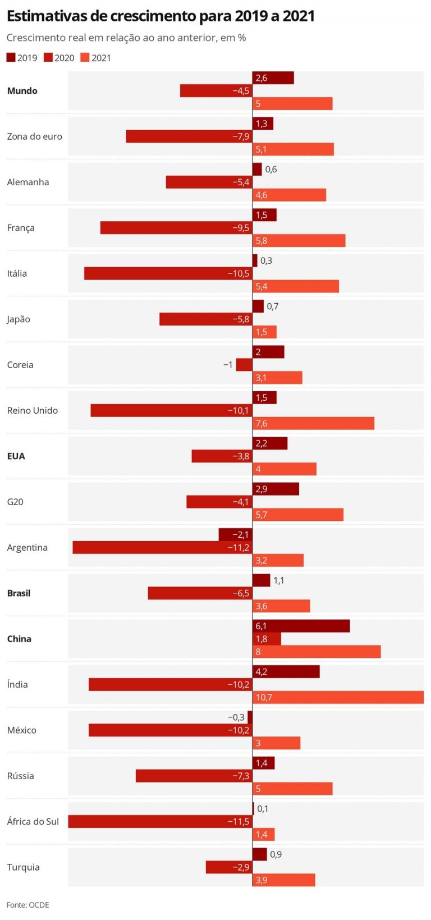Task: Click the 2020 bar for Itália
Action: point(168,273)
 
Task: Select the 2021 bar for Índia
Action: point(338,697)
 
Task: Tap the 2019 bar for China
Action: point(301,626)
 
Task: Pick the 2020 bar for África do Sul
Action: point(160,821)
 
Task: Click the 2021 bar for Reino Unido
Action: point(313,423)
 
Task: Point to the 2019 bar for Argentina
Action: point(235,534)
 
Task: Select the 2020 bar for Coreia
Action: point(244,365)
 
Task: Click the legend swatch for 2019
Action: point(11,57)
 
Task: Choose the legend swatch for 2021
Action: point(85,57)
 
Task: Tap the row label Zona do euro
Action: point(34,136)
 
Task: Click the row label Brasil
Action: point(19,593)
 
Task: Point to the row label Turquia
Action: point(23,867)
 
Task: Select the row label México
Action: point(21,730)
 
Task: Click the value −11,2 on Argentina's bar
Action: point(238,547)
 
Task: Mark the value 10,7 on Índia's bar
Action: point(264,697)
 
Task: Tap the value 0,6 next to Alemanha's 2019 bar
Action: point(270,170)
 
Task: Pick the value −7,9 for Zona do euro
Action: point(241,136)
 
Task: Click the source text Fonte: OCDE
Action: point(27,905)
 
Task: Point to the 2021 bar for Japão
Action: point(264,332)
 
